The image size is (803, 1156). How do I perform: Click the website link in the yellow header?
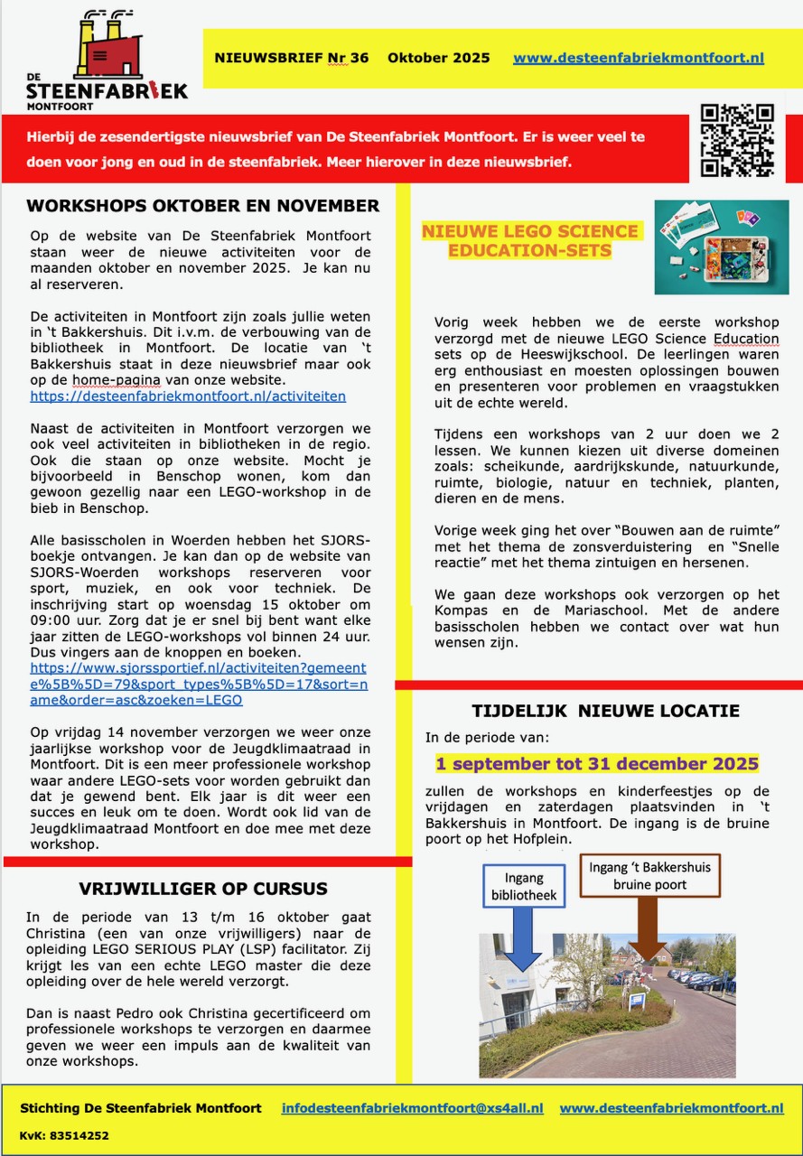point(638,58)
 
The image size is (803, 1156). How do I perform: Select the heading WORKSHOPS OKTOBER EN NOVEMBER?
point(203,206)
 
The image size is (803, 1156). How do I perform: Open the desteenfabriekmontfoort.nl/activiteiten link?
point(188,396)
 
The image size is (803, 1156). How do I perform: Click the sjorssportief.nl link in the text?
point(199,684)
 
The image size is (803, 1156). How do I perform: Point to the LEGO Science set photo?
point(721,247)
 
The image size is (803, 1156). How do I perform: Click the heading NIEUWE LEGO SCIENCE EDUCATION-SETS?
point(530,240)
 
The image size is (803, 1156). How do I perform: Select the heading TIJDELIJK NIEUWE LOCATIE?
point(605,711)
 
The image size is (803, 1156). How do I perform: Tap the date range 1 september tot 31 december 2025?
point(597,763)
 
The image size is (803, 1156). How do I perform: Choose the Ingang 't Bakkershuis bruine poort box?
point(649,876)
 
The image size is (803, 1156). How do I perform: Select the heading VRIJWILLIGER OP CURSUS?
point(203,889)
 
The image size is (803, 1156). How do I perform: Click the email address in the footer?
point(412,1108)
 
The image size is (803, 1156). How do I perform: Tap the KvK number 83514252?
point(64,1135)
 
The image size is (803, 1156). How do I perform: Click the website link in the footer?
point(671,1108)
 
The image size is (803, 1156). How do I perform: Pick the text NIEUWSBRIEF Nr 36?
point(291,58)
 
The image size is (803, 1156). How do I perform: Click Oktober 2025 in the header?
point(439,58)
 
